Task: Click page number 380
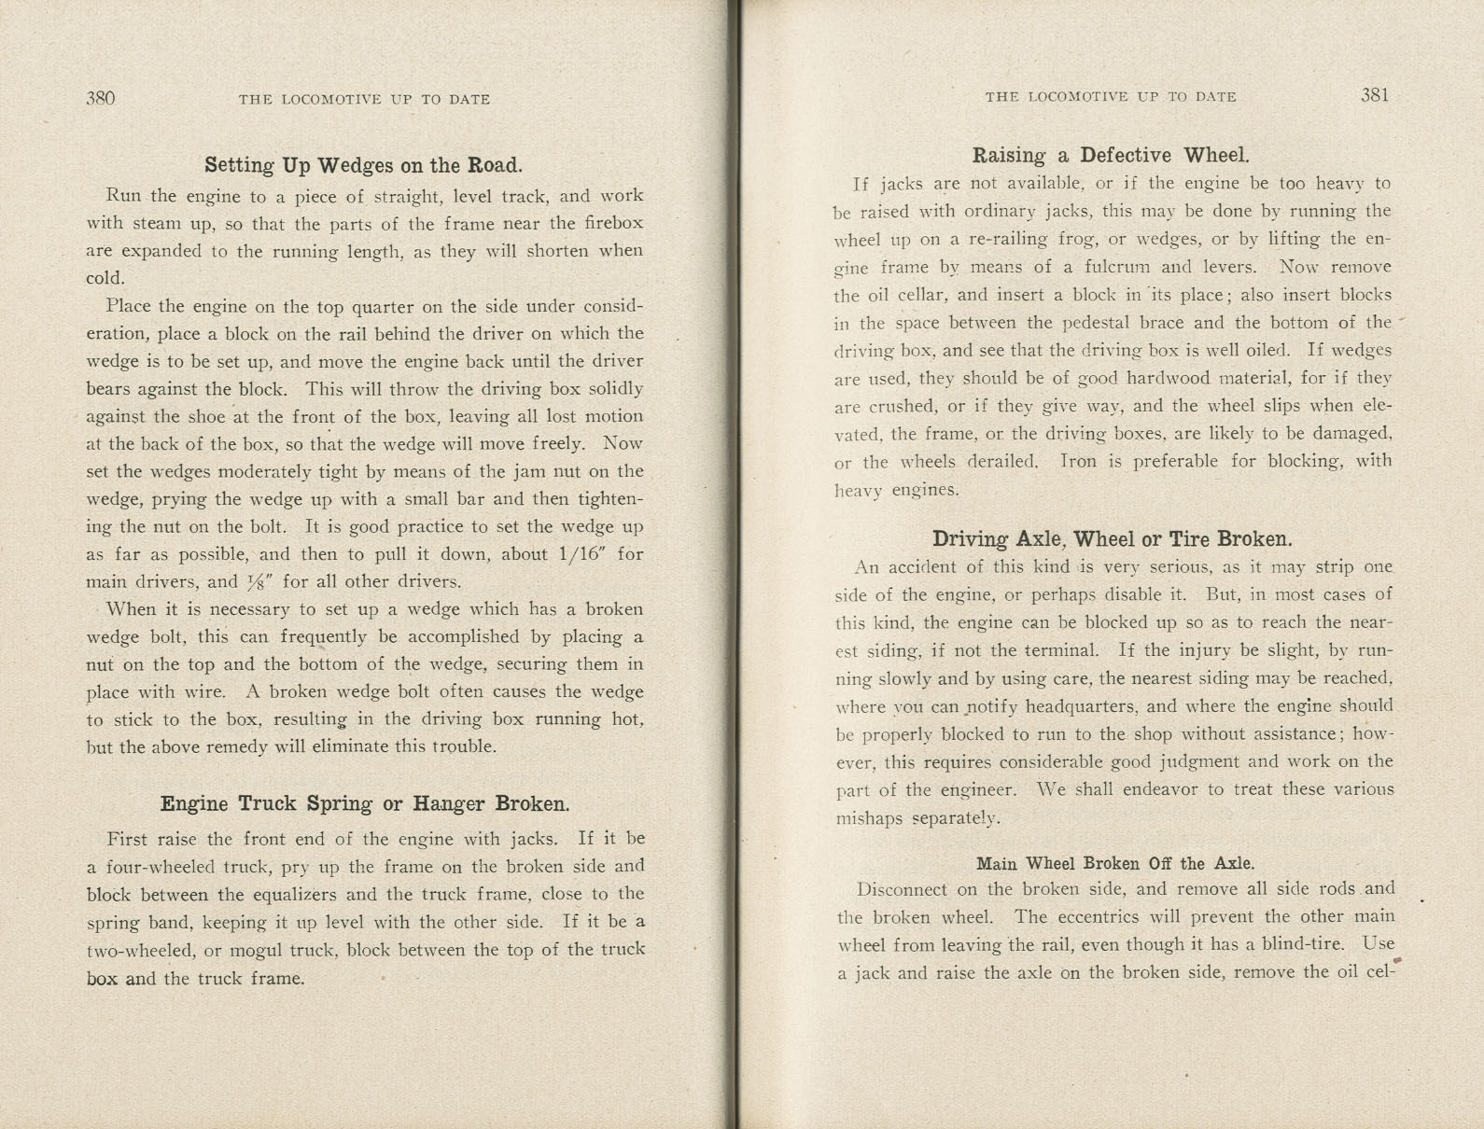coord(100,98)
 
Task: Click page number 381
coord(1375,94)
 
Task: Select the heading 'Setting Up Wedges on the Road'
coord(363,165)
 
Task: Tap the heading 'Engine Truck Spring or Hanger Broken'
coord(364,803)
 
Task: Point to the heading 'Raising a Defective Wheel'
coord(1110,155)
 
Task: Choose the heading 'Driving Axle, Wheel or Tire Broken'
coord(1112,538)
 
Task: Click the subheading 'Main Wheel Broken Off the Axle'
coord(1114,863)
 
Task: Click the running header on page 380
coord(364,99)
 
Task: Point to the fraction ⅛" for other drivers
coord(258,581)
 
